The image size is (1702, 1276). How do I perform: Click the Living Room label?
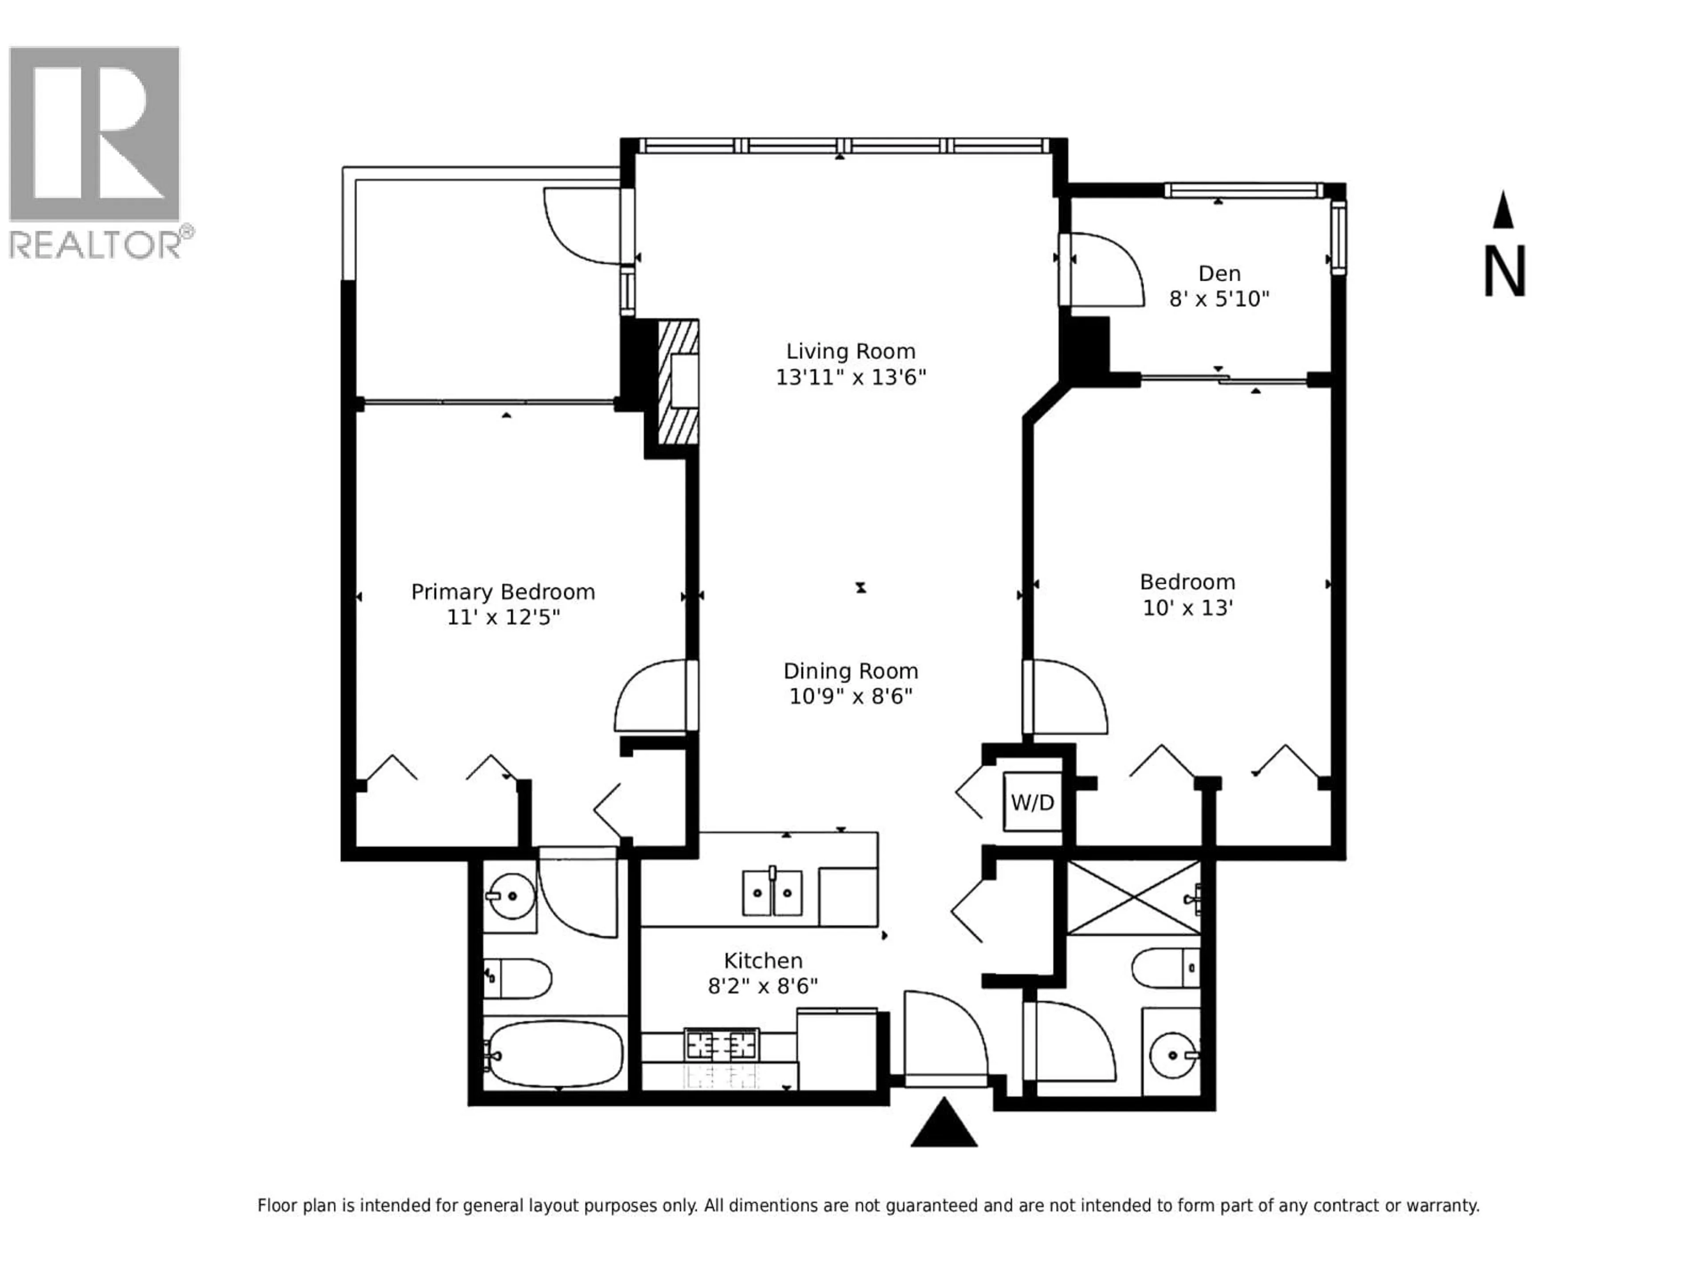pos(850,351)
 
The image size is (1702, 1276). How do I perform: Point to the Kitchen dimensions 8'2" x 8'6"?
pos(762,985)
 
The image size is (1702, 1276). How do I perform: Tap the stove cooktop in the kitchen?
pos(722,1044)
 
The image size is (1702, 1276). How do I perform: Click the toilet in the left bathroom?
pos(518,978)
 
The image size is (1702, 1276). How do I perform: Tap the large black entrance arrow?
pos(944,1124)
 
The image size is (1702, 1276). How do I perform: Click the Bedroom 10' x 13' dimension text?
pos(1187,607)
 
